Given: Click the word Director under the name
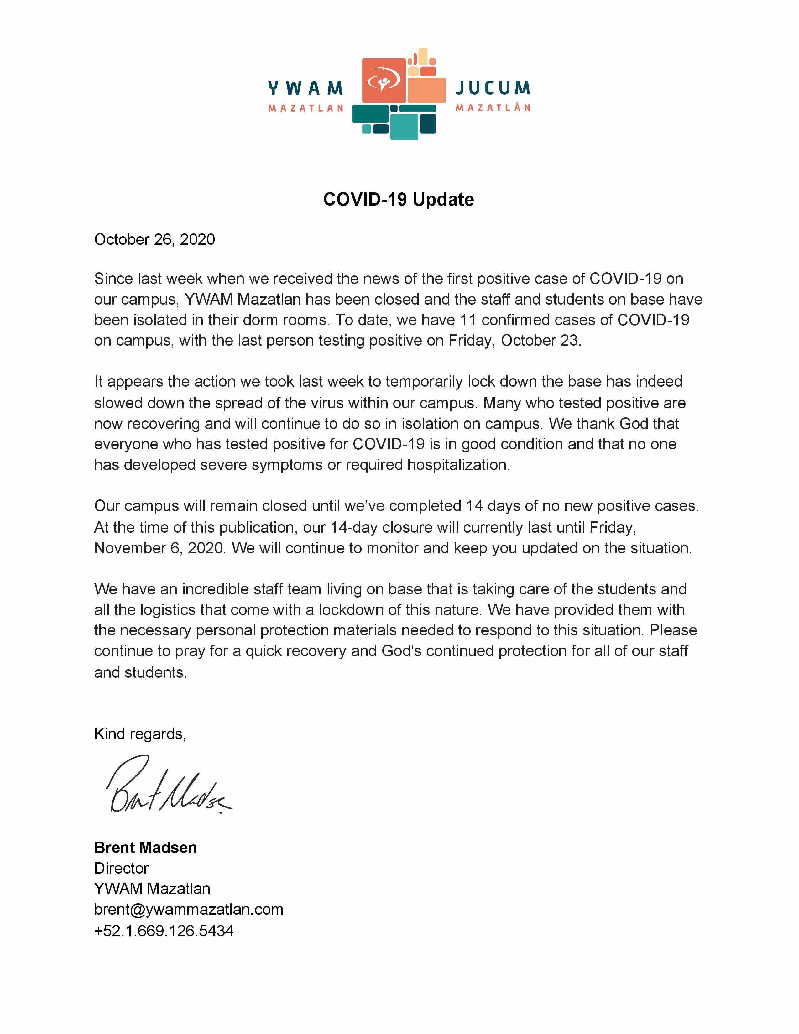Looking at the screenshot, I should (121, 868).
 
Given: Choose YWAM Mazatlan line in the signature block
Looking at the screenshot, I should (152, 889).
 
